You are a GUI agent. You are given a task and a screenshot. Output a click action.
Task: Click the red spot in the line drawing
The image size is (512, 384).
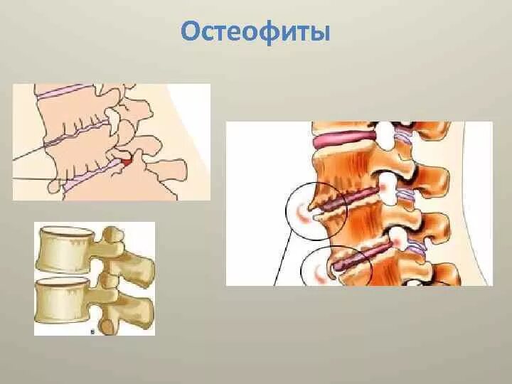[127, 164]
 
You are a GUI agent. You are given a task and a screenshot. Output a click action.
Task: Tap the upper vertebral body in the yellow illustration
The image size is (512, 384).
[64, 250]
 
